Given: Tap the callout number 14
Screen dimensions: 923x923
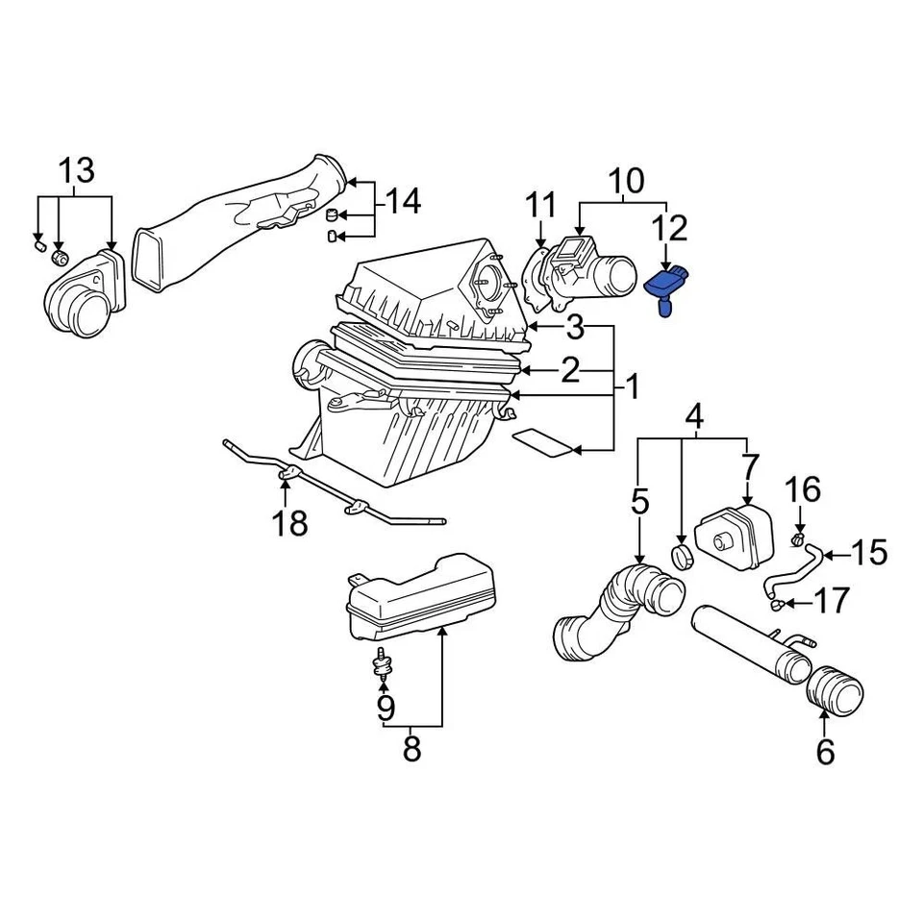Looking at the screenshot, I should tap(404, 201).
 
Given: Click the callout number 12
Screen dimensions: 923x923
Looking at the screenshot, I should tap(670, 229).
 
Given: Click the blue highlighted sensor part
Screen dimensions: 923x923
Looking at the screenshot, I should tap(664, 287).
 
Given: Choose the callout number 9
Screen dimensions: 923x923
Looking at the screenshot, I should tap(385, 708).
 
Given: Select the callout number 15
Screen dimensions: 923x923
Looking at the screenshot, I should tap(869, 553).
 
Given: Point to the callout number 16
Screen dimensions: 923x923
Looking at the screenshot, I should tap(804, 490).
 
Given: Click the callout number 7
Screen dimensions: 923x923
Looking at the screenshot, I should tap(751, 469).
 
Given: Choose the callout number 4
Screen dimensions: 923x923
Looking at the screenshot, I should tap(694, 418).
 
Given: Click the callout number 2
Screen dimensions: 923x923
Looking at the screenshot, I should tap(571, 370).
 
